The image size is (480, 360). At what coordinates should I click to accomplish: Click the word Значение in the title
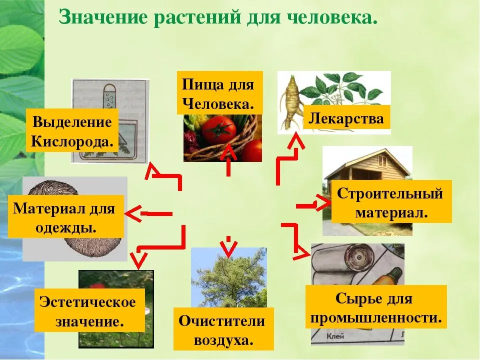(x=103, y=17)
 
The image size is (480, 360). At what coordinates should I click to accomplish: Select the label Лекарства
(x=346, y=118)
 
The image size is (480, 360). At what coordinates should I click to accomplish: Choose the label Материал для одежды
(x=66, y=216)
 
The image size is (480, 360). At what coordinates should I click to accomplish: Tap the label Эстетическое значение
(x=89, y=310)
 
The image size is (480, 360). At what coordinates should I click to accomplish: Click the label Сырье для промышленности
(x=376, y=307)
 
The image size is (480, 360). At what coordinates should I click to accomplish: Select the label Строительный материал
(x=391, y=201)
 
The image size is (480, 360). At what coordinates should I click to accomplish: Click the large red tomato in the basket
(x=219, y=130)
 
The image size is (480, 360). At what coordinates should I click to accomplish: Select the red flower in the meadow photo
(x=98, y=285)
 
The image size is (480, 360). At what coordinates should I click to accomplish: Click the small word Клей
(x=336, y=336)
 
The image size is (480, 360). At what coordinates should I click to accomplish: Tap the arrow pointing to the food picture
(x=228, y=161)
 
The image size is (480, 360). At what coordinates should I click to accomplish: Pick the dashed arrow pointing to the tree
(x=228, y=246)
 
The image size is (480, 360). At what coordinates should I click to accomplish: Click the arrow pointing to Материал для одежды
(x=149, y=213)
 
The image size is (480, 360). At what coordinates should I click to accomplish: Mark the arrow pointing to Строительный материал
(x=313, y=203)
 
